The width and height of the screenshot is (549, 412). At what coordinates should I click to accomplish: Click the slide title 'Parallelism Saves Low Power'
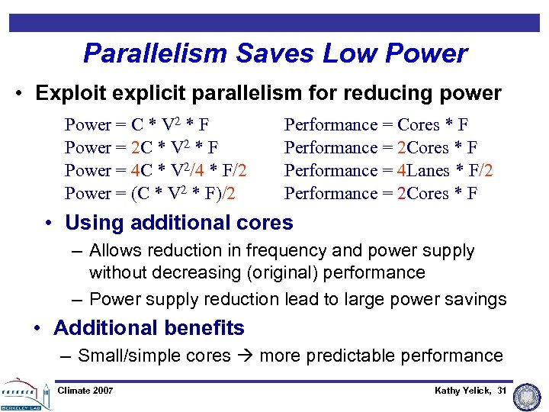(274, 53)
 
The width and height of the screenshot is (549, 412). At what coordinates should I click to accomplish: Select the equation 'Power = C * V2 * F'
(137, 125)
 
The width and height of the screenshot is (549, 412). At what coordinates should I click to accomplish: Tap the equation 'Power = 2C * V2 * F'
(142, 148)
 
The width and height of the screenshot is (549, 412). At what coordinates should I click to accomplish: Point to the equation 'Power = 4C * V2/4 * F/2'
(156, 171)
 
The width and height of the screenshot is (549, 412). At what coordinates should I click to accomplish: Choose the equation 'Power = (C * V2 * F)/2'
(149, 194)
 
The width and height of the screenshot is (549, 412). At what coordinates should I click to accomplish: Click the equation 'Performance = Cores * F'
(376, 125)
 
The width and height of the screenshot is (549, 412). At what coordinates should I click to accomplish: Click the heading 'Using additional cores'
(178, 223)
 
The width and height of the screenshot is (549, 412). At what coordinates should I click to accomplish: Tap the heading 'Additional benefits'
(149, 328)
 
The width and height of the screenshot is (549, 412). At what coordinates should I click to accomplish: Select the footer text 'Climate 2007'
(85, 391)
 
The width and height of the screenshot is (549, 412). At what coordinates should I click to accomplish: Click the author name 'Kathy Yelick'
(462, 391)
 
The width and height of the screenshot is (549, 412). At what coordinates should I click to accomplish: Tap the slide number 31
(502, 391)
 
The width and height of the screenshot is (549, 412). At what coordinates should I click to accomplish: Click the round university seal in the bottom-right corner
(527, 395)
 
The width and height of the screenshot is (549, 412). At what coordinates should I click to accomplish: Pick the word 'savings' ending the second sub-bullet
(477, 300)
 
